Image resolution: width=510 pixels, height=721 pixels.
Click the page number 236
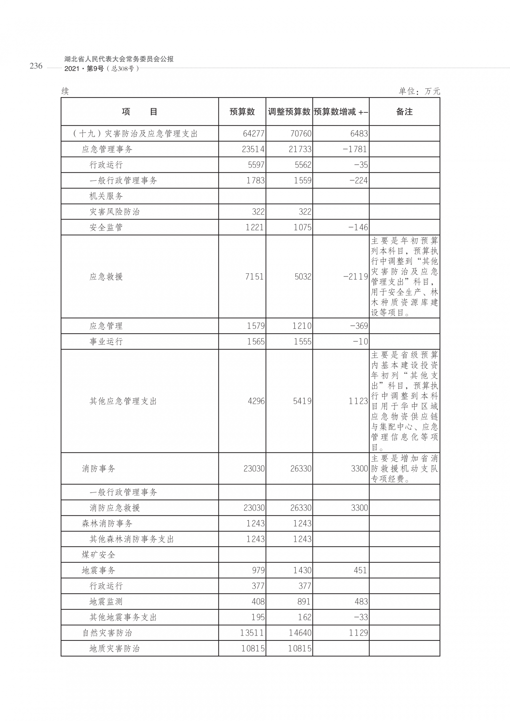tap(36, 66)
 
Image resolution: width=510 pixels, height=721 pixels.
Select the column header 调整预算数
tap(289, 112)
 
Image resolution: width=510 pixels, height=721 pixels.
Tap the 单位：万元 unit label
tap(419, 91)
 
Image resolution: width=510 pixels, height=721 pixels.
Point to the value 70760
tap(301, 134)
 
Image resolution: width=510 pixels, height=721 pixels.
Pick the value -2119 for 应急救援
tap(355, 277)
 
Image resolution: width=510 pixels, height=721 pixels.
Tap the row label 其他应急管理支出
tap(123, 401)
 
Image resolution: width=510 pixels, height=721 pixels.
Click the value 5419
tap(302, 401)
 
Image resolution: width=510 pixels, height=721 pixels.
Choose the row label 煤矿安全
tap(98, 555)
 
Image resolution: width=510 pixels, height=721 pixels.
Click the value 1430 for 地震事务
tap(302, 570)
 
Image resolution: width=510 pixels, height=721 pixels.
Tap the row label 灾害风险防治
tap(114, 212)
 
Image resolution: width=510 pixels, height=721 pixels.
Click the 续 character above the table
tap(65, 91)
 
